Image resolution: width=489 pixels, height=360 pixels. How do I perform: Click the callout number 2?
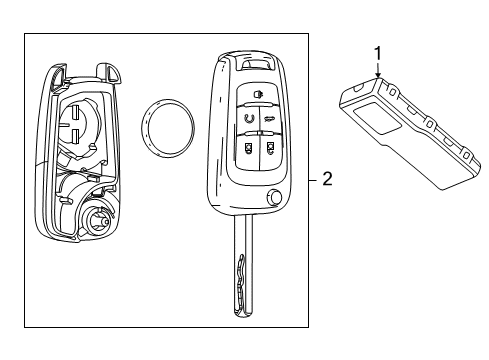coord(327,180)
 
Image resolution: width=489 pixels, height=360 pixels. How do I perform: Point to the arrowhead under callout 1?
coord(377,73)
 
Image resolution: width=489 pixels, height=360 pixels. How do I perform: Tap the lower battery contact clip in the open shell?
coord(76,139)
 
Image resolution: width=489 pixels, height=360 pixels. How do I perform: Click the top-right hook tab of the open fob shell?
coord(106,71)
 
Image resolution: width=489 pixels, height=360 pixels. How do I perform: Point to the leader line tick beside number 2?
coord(312,180)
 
